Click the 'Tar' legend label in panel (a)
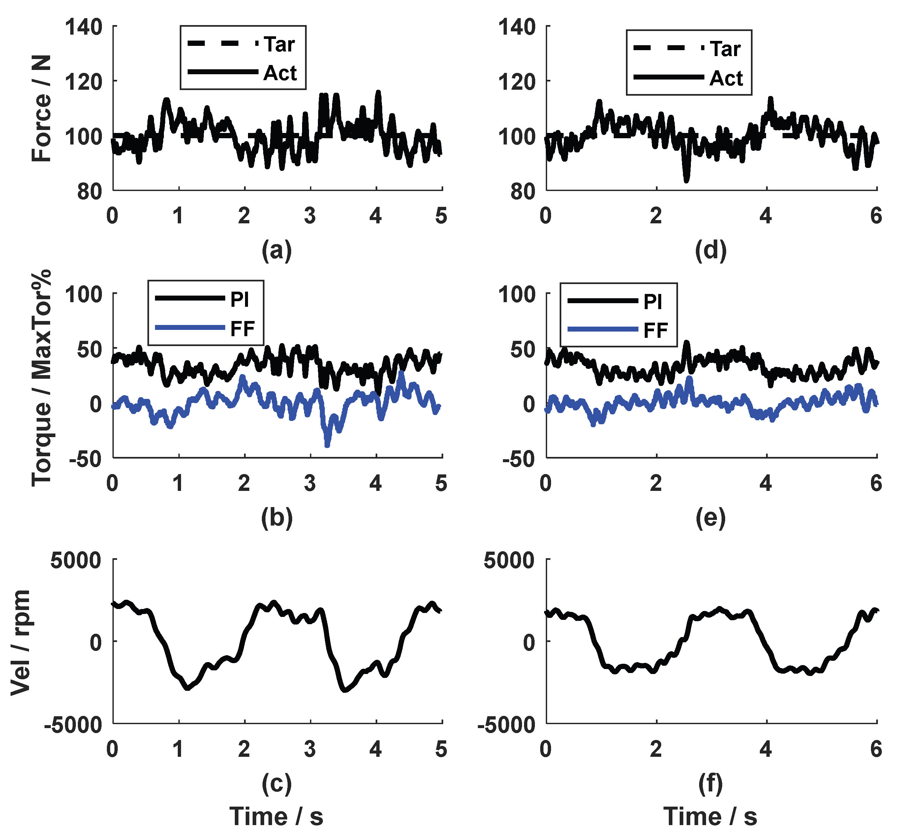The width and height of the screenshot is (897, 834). (279, 45)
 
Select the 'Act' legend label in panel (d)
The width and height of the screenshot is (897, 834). (726, 79)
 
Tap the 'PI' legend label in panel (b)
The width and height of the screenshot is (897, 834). (240, 300)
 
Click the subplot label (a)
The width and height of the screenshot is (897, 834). (277, 250)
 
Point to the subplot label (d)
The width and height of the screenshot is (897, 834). (711, 250)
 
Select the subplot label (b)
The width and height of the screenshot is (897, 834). (277, 518)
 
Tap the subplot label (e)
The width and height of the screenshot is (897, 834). (711, 518)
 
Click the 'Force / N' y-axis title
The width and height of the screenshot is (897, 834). (42, 108)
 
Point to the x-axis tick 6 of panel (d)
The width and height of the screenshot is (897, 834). (876, 216)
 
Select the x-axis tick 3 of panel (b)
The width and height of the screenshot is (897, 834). (310, 484)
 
